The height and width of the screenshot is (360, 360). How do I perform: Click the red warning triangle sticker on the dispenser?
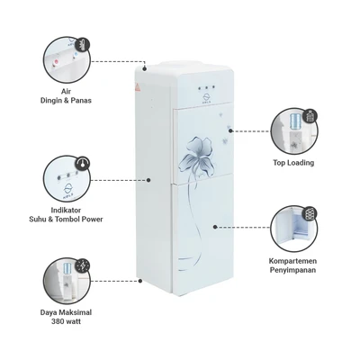click(x=138, y=87)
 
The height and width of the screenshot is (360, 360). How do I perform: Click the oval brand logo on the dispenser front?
click(x=207, y=97)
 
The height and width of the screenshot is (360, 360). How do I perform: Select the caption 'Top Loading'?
click(x=293, y=163)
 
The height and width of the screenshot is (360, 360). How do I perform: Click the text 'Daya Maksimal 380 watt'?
click(x=66, y=317)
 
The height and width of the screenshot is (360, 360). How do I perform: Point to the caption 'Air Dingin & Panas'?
click(x=66, y=95)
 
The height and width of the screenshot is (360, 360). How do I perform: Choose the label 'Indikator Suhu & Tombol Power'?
click(x=66, y=215)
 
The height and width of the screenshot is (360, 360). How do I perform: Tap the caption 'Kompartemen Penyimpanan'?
click(x=292, y=265)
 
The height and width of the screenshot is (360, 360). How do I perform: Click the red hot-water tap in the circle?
click(x=56, y=63)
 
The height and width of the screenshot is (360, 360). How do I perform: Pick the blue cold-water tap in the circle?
click(x=76, y=55)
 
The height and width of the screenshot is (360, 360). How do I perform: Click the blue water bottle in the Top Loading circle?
click(x=294, y=121)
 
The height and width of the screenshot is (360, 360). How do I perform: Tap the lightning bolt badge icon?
click(x=82, y=265)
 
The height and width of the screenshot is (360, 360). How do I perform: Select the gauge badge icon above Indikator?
click(x=83, y=164)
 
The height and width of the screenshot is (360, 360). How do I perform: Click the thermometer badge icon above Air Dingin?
click(x=83, y=45)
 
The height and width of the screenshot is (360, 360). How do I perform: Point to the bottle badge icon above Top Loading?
click(x=310, y=116)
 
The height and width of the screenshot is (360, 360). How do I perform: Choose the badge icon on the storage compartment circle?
click(x=310, y=213)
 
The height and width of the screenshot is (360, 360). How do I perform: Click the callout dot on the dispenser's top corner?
click(x=145, y=68)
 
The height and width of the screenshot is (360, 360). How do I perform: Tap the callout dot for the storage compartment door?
click(x=215, y=227)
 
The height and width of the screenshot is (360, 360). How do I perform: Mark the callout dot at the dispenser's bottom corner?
click(x=140, y=281)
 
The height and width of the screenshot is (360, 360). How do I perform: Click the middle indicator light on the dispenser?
click(x=206, y=87)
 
